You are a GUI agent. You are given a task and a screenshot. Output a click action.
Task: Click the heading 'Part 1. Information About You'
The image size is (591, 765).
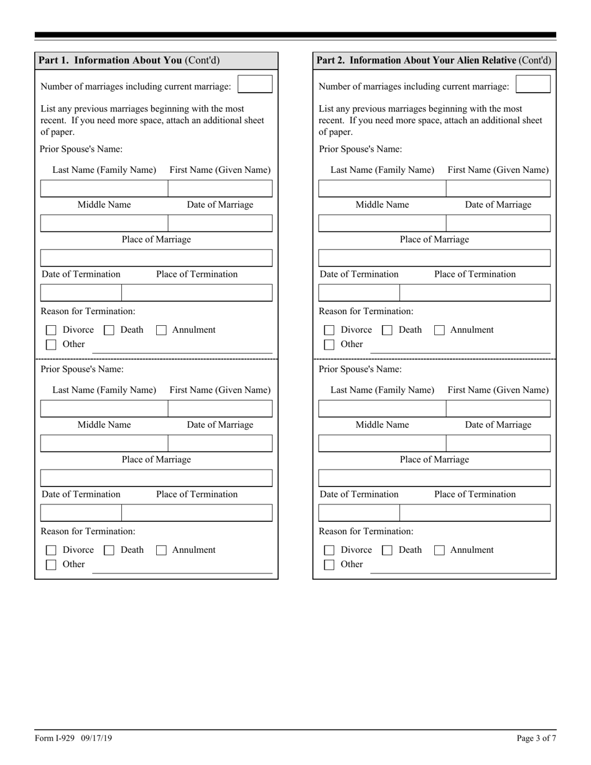click(x=110, y=60)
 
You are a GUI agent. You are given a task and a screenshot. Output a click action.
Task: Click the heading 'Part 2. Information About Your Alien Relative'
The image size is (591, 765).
click(x=416, y=60)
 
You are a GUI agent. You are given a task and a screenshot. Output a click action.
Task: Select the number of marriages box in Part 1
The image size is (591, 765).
click(x=255, y=84)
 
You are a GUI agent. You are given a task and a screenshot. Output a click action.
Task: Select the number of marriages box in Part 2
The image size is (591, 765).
click(x=533, y=84)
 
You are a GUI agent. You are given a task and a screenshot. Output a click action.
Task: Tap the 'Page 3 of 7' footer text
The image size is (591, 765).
click(x=536, y=738)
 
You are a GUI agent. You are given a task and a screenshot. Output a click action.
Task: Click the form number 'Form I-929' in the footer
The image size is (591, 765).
click(x=55, y=738)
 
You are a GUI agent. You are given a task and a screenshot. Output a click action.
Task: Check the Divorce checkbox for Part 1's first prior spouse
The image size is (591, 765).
click(x=52, y=330)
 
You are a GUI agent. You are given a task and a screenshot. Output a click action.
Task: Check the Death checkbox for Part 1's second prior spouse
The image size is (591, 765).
click(x=109, y=550)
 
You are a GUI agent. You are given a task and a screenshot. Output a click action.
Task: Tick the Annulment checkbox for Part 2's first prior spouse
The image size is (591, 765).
click(x=439, y=330)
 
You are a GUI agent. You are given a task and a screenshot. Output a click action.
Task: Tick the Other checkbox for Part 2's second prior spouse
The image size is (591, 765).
click(x=330, y=565)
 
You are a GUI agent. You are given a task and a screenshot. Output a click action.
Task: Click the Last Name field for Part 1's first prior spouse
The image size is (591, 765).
click(x=104, y=188)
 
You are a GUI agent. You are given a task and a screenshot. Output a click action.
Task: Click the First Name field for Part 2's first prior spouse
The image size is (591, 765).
click(x=498, y=188)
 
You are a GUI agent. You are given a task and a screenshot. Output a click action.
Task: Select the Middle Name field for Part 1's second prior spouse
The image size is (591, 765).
click(x=104, y=443)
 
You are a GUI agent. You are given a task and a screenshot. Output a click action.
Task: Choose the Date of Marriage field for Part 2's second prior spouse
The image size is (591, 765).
click(x=498, y=443)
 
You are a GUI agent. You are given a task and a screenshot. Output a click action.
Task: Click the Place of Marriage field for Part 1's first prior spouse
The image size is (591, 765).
click(x=156, y=257)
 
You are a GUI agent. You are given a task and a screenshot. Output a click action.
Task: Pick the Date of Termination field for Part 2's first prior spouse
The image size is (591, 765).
click(x=359, y=292)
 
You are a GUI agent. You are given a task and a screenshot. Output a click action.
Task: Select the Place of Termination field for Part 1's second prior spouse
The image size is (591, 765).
click(x=197, y=512)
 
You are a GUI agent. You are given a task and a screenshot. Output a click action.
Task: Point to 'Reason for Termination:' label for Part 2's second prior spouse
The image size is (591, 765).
click(x=366, y=531)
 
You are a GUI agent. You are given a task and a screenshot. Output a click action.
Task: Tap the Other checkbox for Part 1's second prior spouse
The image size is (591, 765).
click(x=52, y=565)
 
